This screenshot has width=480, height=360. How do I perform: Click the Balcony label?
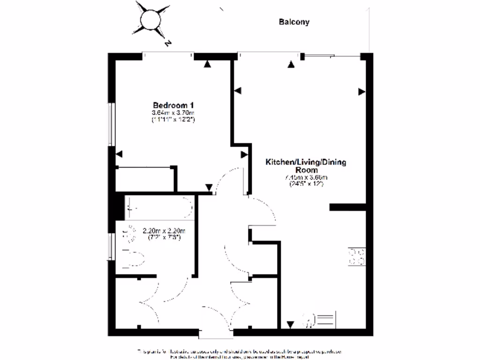click(x=294, y=22)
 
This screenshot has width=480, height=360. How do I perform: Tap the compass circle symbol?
click(x=151, y=19)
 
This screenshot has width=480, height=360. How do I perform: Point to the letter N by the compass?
click(x=167, y=43)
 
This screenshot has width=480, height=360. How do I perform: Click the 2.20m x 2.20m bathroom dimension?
click(x=164, y=231)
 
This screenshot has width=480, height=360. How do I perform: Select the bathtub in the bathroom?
click(x=159, y=208)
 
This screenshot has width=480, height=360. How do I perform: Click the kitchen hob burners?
click(x=356, y=256)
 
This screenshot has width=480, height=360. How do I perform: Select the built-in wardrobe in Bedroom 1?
click(x=145, y=179)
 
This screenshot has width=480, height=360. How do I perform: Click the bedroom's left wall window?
click(x=112, y=124)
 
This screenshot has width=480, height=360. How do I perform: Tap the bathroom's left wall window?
click(x=112, y=246)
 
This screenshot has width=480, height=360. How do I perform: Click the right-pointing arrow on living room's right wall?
click(x=361, y=92)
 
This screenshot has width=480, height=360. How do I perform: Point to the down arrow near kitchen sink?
click(x=290, y=324)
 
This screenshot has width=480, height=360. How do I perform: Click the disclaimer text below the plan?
click(x=239, y=354)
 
